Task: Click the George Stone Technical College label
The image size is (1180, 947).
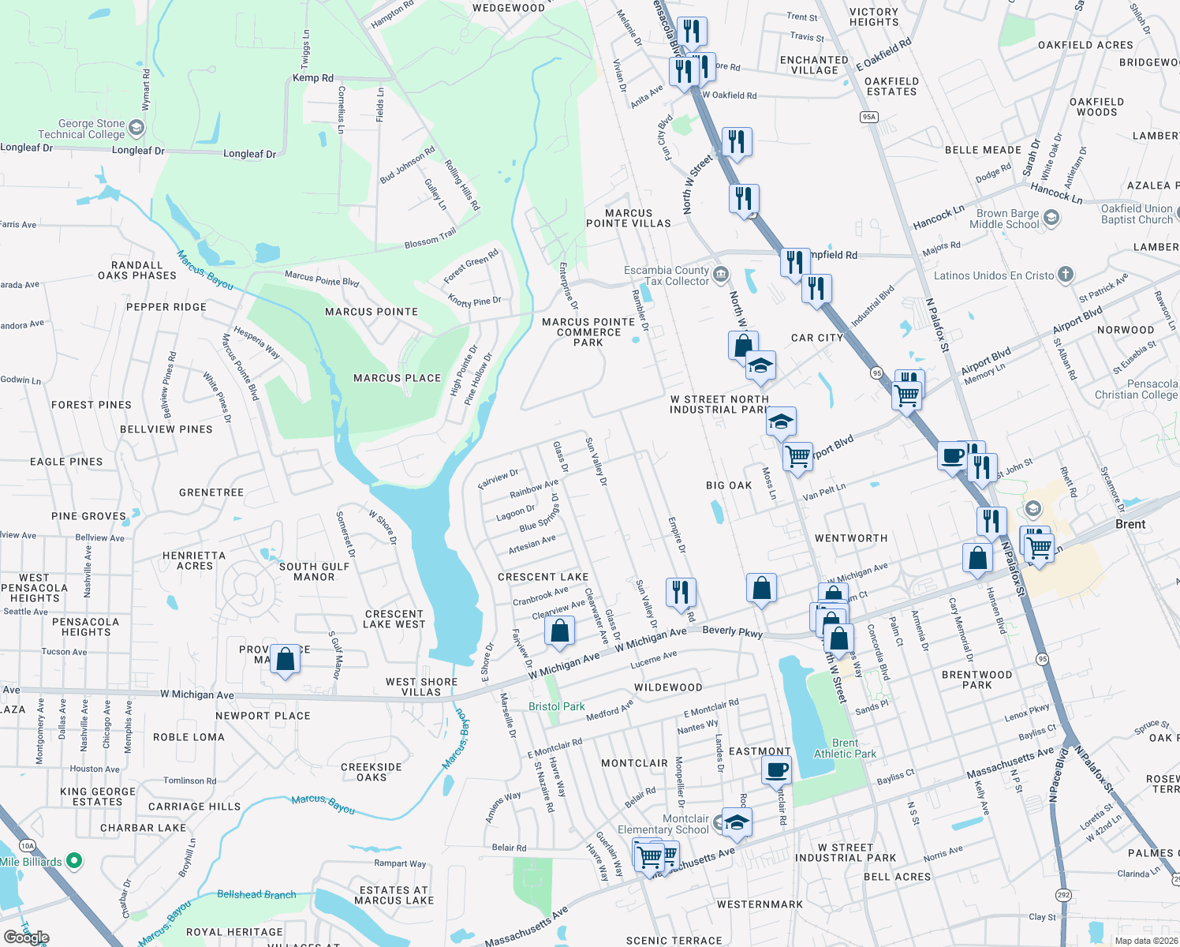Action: pyautogui.click(x=81, y=129)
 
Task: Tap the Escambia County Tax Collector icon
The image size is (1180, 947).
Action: pyautogui.click(x=721, y=275)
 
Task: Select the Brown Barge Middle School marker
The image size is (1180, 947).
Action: pyautogui.click(x=1051, y=218)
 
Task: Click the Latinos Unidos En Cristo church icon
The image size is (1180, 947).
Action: pyautogui.click(x=1066, y=275)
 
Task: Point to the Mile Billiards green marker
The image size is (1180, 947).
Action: pyautogui.click(x=74, y=861)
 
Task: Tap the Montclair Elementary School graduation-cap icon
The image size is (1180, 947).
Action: pyautogui.click(x=736, y=822)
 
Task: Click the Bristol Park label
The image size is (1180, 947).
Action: pyautogui.click(x=557, y=706)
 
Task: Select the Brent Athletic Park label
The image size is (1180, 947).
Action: pyautogui.click(x=845, y=748)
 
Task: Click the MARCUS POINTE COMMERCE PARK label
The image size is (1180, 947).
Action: pyautogui.click(x=588, y=332)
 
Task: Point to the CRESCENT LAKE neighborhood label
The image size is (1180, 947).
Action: pyautogui.click(x=543, y=577)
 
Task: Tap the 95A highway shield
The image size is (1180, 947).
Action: pyautogui.click(x=868, y=117)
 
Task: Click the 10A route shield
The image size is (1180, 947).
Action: pyautogui.click(x=28, y=846)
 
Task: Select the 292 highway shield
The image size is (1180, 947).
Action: pyautogui.click(x=1063, y=895)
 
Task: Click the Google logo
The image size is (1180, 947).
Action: pyautogui.click(x=26, y=937)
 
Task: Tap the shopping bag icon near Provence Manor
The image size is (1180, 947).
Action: pyautogui.click(x=285, y=658)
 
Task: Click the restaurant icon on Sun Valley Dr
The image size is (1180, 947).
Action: pyautogui.click(x=680, y=591)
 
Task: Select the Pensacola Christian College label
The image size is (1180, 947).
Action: pyautogui.click(x=1136, y=389)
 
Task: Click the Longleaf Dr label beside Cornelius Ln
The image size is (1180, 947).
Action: pyautogui.click(x=249, y=154)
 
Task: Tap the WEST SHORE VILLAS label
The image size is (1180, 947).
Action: pyautogui.click(x=421, y=687)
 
